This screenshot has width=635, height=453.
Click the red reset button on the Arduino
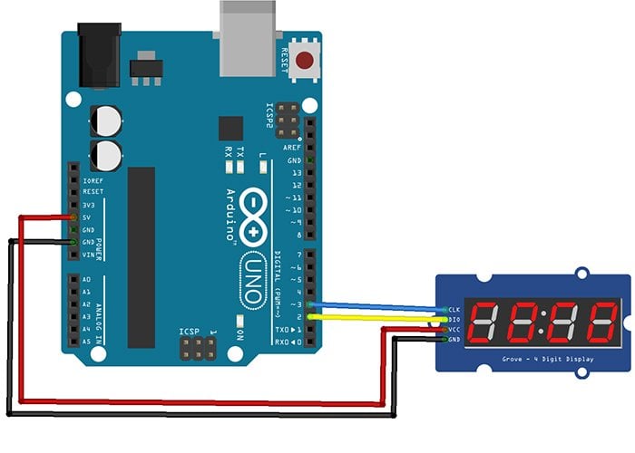coord(305,62)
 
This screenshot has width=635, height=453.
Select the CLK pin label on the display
coord(454,310)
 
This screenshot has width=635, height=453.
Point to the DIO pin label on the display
coord(454,320)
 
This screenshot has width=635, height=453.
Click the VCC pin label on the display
coord(454,330)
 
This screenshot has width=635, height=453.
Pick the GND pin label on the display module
coord(454,340)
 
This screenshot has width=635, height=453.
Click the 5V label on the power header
coord(88,217)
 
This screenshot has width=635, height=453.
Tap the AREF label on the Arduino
coord(291,147)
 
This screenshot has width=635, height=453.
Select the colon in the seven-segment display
coord(542,323)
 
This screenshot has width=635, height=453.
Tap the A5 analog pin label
coord(86,342)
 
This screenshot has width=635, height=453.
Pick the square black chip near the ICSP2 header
coord(231,126)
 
